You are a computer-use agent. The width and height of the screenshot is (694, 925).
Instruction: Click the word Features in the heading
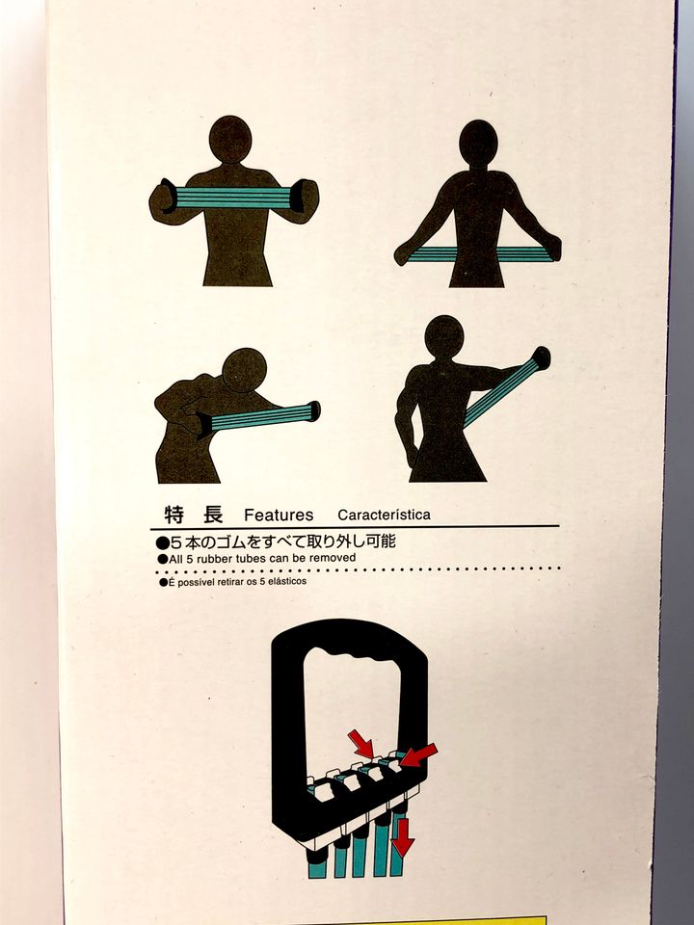[x=279, y=515]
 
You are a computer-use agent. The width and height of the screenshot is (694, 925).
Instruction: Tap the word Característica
[x=385, y=515]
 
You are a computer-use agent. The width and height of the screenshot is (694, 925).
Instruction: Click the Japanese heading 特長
[x=194, y=515]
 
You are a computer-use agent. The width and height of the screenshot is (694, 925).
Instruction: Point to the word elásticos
[x=287, y=581]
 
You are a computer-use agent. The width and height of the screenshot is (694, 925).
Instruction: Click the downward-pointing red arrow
[x=403, y=836]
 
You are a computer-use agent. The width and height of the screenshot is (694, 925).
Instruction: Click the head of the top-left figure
[x=230, y=140]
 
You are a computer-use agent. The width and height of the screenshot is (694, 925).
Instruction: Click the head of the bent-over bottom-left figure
[x=244, y=370]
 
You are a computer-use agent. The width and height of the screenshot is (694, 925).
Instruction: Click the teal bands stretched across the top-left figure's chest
[x=233, y=198]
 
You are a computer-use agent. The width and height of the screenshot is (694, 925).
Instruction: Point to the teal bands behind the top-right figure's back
[x=477, y=254]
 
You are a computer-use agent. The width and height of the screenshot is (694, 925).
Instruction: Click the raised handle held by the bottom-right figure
[x=541, y=357]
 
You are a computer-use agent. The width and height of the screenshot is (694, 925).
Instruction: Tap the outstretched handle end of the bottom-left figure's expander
[x=313, y=411]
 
